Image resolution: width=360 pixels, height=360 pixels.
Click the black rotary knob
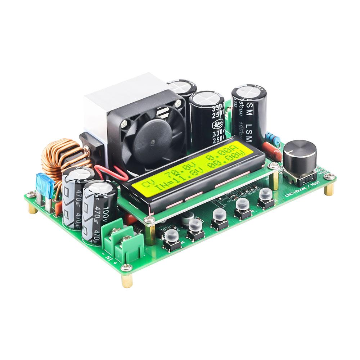(x=300, y=155)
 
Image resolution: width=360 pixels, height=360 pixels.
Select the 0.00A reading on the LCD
(x=220, y=158)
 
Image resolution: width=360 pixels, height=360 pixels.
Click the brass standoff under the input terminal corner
(x=127, y=279)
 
